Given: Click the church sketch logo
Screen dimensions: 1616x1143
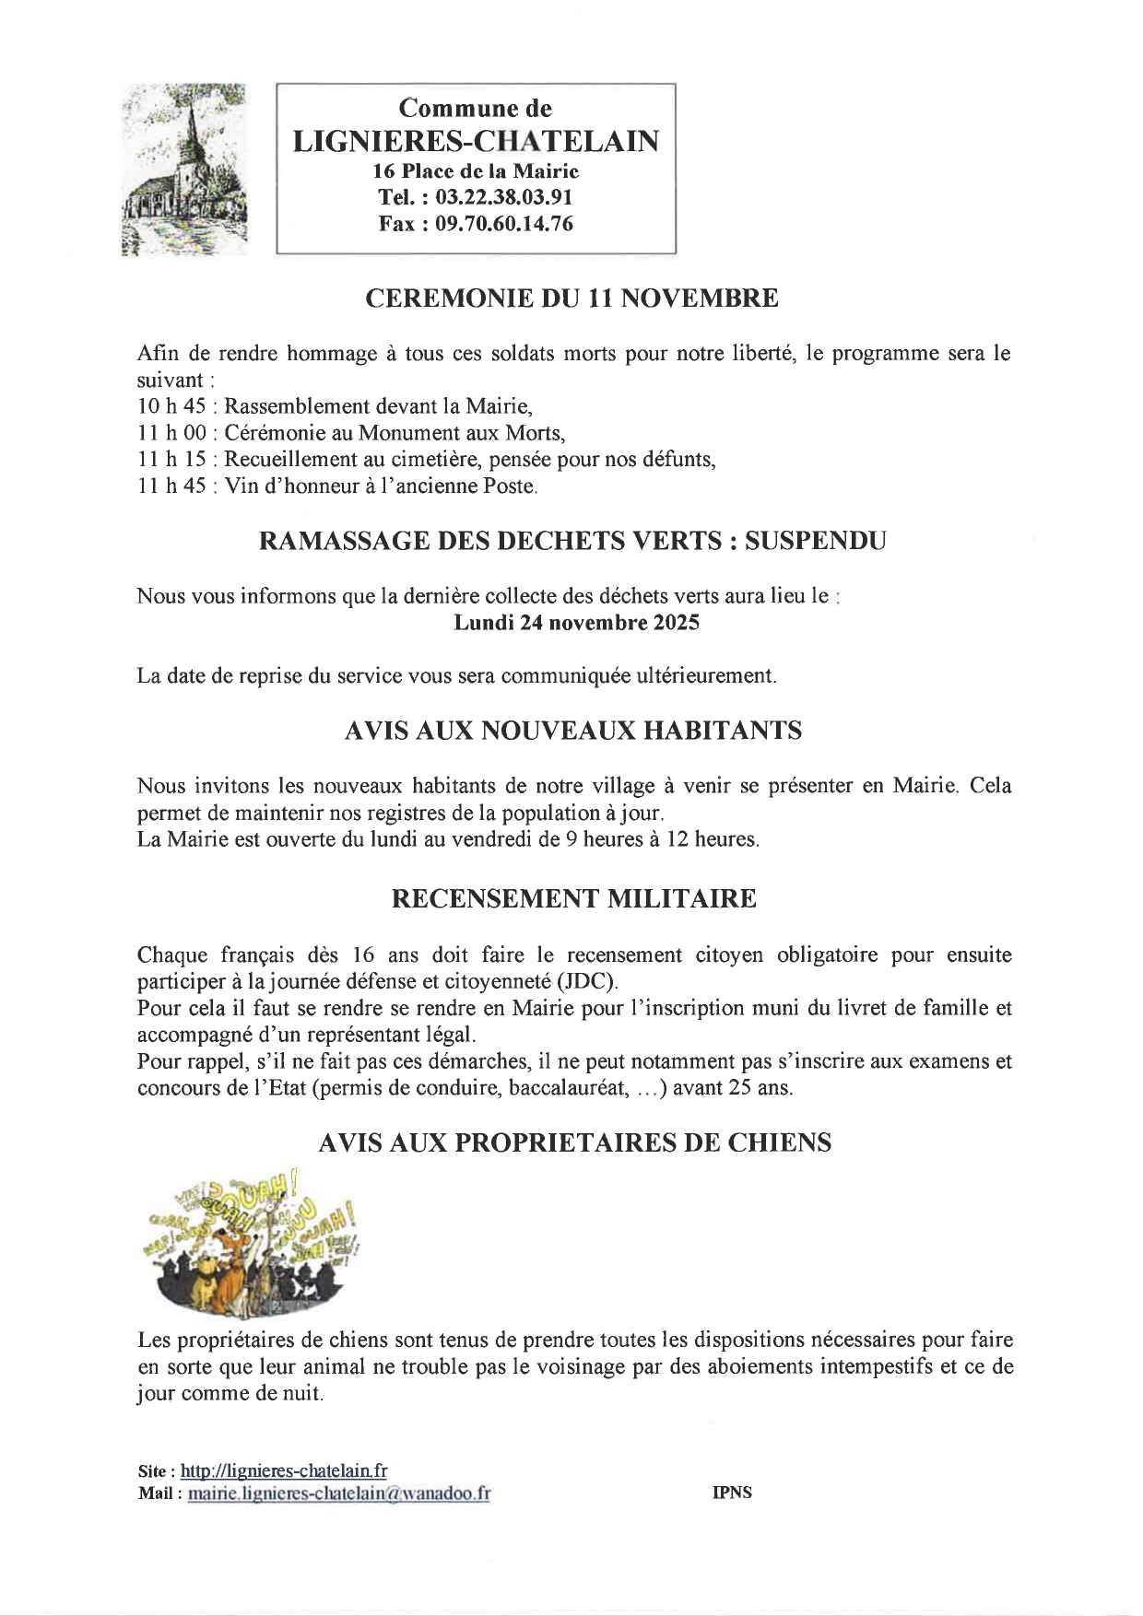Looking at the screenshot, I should (184, 170).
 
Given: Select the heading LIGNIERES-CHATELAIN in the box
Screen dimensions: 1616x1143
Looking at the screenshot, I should (476, 141).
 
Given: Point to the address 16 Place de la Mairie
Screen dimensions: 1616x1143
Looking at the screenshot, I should (476, 171).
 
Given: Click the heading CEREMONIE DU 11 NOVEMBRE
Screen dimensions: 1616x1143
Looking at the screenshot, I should (571, 299).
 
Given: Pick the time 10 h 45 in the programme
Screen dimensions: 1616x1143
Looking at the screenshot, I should (171, 406).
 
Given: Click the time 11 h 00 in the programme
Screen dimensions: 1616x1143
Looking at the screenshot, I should (171, 432).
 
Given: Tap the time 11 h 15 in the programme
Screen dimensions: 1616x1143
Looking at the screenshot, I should (171, 459).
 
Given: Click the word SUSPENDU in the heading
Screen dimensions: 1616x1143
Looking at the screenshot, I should (815, 541).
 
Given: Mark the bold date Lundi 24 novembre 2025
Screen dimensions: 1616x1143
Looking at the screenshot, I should (576, 623).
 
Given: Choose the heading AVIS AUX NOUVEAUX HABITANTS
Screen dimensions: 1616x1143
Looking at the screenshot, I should (572, 731).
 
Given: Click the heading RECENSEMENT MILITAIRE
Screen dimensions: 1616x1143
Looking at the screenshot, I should (573, 898).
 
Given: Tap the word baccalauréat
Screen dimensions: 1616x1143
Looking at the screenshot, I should (577, 1087).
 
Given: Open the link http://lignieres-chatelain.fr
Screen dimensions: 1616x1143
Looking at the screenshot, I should (284, 1470).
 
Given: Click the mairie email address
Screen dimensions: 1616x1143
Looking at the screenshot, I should (338, 1493).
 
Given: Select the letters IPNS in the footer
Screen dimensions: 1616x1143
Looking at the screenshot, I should (732, 1493).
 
